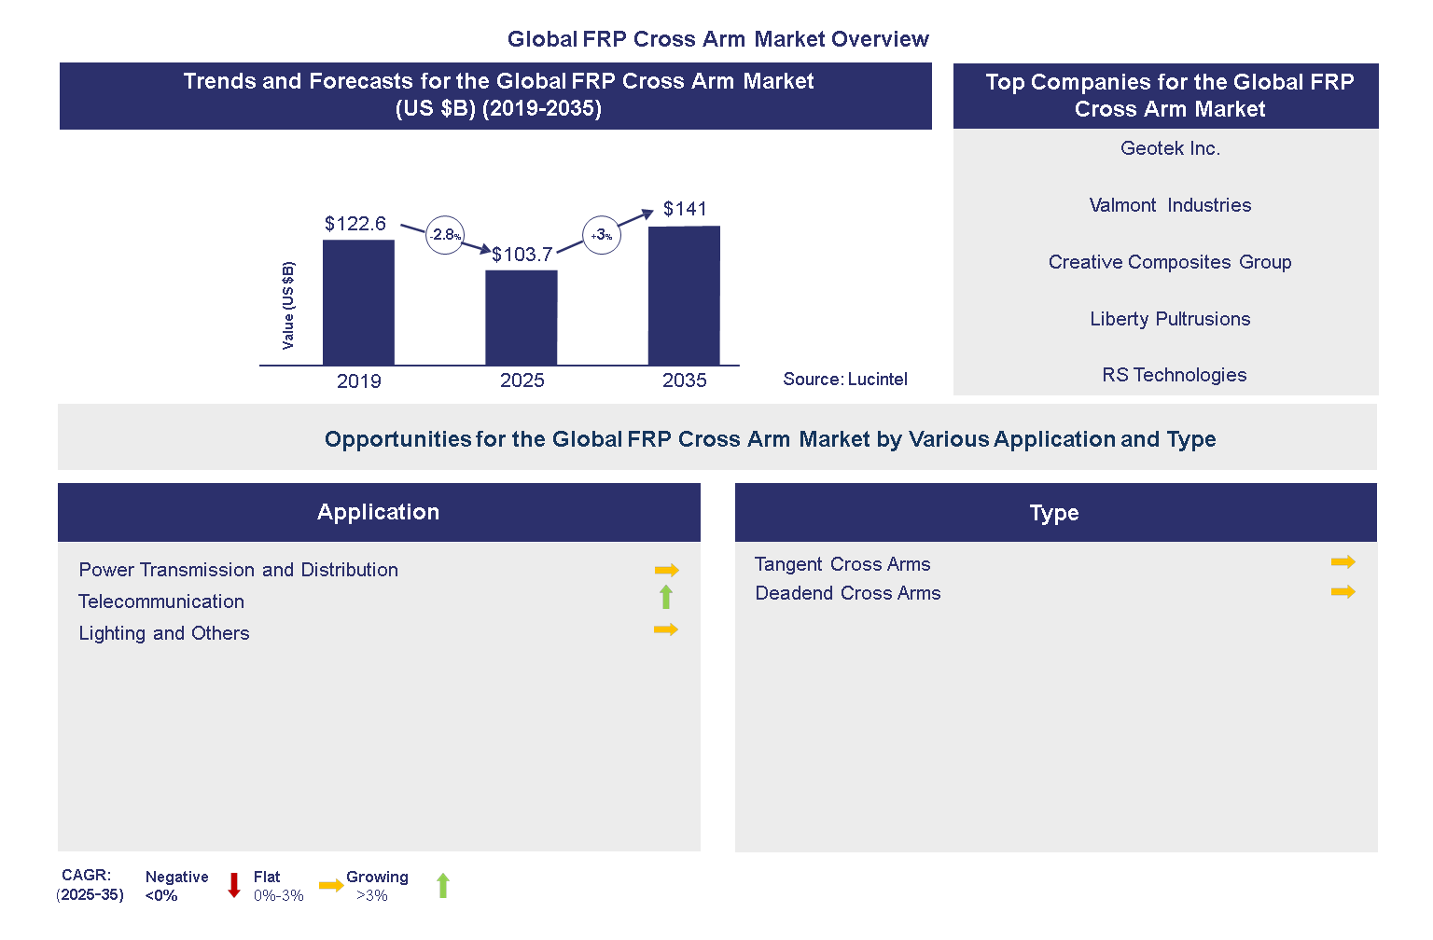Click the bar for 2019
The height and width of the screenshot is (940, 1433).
tap(358, 302)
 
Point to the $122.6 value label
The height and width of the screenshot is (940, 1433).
tap(355, 224)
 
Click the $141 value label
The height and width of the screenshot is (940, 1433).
tap(685, 209)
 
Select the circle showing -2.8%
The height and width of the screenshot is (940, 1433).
tap(445, 235)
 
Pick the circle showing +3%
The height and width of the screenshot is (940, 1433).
tap(602, 235)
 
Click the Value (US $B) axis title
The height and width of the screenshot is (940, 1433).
tap(288, 306)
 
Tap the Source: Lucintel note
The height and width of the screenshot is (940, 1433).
tap(844, 380)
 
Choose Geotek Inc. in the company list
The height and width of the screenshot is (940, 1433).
tap(1170, 149)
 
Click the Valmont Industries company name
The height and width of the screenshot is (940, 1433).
tap(1170, 206)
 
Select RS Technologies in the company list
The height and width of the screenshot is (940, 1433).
tap(1174, 375)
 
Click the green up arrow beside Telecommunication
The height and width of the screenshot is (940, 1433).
tap(666, 597)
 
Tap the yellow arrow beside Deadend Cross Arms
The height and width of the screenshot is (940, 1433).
tap(1343, 592)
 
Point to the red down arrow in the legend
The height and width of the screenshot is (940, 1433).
tap(234, 885)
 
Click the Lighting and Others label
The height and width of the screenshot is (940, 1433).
tap(164, 633)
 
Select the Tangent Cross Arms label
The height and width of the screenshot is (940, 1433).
tap(842, 564)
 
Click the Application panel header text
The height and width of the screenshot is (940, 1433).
tap(378, 512)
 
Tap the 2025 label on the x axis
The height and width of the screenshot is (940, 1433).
tap(522, 380)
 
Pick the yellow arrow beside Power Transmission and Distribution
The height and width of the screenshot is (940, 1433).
tap(666, 570)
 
